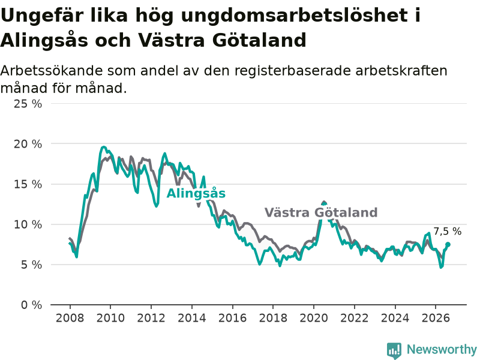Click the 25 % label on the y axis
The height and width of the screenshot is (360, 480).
coord(28,104)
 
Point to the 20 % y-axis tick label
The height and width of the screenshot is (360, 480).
coord(28,144)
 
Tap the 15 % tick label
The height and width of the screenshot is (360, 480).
coord(28,184)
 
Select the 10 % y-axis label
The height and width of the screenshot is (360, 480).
coord(28,224)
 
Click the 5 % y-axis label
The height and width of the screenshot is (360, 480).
coord(31,265)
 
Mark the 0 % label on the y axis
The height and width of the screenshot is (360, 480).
coord(31,305)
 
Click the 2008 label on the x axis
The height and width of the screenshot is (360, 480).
coord(70,318)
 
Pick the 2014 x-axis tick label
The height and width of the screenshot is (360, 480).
coord(192,318)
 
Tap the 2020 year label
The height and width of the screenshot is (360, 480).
coord(314,318)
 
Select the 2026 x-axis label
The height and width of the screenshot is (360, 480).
coord(436,318)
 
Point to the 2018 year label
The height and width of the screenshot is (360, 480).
coord(273,318)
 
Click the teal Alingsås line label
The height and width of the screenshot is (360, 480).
coord(196,193)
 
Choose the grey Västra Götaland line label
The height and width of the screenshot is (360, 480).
coord(321,212)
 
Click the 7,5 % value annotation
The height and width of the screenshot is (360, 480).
coord(447,232)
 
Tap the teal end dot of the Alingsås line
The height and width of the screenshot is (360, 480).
coord(448,244)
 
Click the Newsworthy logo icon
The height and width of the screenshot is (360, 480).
coord(394,350)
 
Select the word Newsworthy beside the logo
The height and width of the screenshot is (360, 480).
coord(442,349)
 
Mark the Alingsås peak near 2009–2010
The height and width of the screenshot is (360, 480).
coord(103,147)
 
